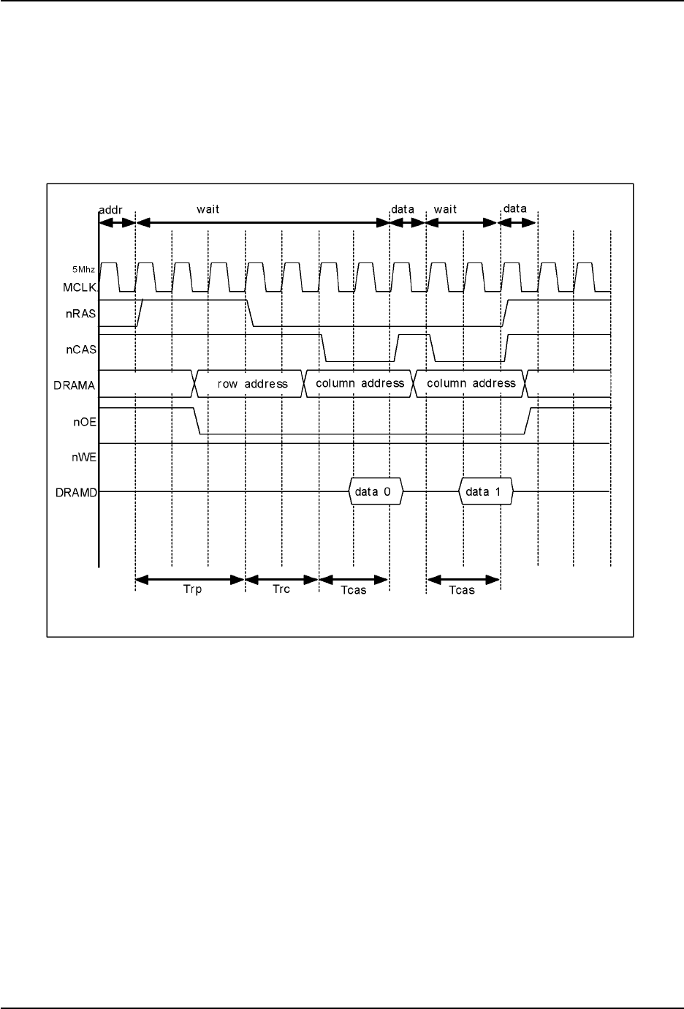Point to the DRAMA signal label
(76, 385)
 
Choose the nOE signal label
(85, 421)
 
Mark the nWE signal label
(84, 457)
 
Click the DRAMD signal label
(76, 493)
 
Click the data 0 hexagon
(376, 492)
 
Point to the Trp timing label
(192, 590)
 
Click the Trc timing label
(281, 589)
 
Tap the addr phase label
(110, 209)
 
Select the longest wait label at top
(208, 209)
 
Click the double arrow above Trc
(282, 580)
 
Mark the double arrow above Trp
(190, 580)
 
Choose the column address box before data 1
(471, 384)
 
